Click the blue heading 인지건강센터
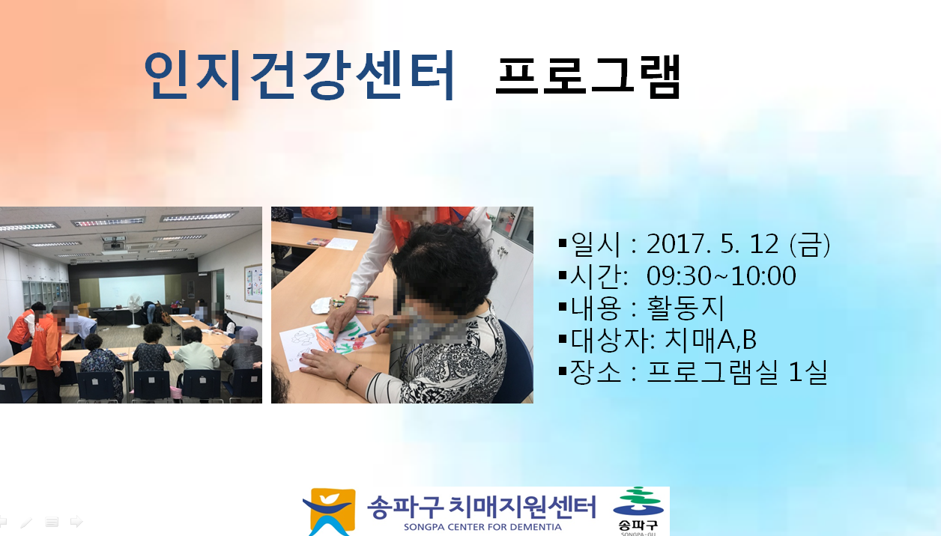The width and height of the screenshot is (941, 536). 299,76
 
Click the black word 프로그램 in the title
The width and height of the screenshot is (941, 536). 587,77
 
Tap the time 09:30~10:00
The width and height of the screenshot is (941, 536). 721,275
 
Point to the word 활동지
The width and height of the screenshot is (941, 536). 686,308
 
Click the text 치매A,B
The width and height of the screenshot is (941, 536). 711,340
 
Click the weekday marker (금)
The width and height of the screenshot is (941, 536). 810,244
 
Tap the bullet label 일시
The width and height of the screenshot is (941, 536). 596,244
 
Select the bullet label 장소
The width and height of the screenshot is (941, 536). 596,372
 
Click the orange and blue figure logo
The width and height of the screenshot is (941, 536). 330,512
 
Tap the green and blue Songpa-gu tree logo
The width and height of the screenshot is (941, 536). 638,502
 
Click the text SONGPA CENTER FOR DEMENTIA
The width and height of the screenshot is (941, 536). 482,527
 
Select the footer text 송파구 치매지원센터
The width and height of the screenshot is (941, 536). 482,507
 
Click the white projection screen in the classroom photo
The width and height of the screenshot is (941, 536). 132,291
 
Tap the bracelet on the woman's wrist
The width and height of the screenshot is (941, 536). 352,376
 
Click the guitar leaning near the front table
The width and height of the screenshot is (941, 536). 164,313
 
